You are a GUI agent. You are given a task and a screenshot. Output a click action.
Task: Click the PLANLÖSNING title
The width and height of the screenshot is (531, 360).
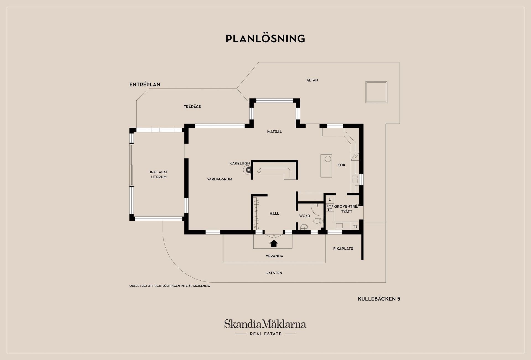pyautogui.click(x=265, y=38)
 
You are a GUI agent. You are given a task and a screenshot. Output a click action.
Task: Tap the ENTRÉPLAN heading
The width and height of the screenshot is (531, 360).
pyautogui.click(x=145, y=84)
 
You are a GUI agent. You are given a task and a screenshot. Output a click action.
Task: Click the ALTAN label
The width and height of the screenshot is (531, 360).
pyautogui.click(x=312, y=80)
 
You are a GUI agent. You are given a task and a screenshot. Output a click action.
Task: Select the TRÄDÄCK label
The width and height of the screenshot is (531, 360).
pyautogui.click(x=192, y=106)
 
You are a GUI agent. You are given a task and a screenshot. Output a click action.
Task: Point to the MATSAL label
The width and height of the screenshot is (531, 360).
pyautogui.click(x=274, y=132)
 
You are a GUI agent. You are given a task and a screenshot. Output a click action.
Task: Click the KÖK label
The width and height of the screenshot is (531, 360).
pyautogui.click(x=341, y=165)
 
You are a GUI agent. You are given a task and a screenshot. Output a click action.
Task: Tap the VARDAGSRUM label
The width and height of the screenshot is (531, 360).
pyautogui.click(x=220, y=179)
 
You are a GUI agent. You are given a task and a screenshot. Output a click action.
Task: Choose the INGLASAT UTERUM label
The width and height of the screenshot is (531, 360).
pyautogui.click(x=159, y=174)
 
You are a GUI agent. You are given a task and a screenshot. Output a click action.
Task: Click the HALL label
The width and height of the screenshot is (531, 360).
pyautogui.click(x=274, y=213)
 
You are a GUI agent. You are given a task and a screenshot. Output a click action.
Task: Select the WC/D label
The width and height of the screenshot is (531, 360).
pyautogui.click(x=304, y=216)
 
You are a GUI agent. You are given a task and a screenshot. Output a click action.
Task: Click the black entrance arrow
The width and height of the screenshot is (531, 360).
pyautogui.click(x=274, y=243)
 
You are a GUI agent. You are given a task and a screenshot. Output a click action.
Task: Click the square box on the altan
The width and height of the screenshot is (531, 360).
pyautogui.click(x=376, y=92)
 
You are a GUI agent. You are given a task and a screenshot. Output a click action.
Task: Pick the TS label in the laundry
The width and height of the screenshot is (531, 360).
pyautogui.click(x=355, y=226)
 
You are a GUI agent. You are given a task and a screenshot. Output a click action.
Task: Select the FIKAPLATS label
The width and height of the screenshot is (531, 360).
pyautogui.click(x=343, y=249)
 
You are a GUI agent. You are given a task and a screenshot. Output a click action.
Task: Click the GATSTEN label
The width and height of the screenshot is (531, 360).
pyautogui.click(x=274, y=273)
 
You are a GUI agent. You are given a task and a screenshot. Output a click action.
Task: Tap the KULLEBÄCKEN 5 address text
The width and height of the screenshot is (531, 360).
pyautogui.click(x=379, y=299)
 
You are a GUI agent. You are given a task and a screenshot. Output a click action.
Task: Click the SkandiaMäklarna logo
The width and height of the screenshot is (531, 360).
pyautogui.click(x=265, y=327)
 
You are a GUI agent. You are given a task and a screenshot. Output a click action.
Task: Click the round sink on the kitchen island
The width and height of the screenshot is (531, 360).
pyautogui.click(x=328, y=159)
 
